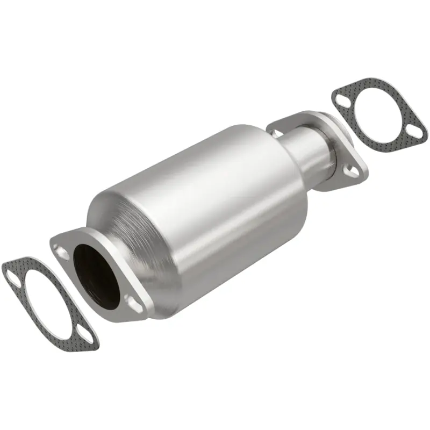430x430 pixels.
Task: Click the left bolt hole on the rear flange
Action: (x=277, y=131)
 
